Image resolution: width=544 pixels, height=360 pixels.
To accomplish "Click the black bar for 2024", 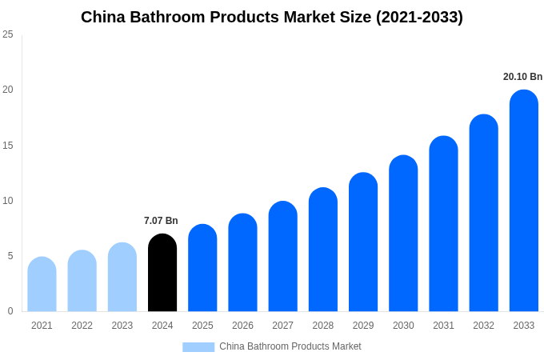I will pos(162,273).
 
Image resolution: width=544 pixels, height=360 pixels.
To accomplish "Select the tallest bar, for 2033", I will pos(524,201).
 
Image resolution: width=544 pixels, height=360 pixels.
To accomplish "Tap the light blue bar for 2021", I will pos(42,284).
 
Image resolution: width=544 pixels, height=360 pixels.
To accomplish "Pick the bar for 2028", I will pos(323,250).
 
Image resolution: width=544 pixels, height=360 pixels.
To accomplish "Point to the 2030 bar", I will pos(403,234).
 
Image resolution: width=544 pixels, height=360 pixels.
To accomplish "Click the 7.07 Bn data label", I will pos(161,221).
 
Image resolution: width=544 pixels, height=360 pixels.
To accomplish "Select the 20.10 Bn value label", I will pos(522,77).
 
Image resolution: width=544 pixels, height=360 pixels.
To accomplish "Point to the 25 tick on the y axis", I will pos(8,34).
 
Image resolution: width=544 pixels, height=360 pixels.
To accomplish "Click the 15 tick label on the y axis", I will pos(8,145).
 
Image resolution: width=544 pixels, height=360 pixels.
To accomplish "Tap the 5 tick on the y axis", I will pos(10,256).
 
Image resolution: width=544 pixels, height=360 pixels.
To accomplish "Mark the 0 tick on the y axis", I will pos(10,311).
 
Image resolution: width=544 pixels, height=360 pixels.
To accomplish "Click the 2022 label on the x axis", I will pos(82,326).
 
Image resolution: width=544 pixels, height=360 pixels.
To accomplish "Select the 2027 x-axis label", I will pos(282,326).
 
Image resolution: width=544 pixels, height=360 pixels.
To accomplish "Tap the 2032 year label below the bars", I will pos(483,326).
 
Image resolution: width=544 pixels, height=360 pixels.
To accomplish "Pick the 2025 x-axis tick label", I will pos(202,326).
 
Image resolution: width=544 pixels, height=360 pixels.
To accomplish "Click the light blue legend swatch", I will pos(198,347).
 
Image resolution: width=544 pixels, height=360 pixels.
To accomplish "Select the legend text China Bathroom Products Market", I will pos(290,346).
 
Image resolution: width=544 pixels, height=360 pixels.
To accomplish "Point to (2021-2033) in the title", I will pos(420,17).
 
